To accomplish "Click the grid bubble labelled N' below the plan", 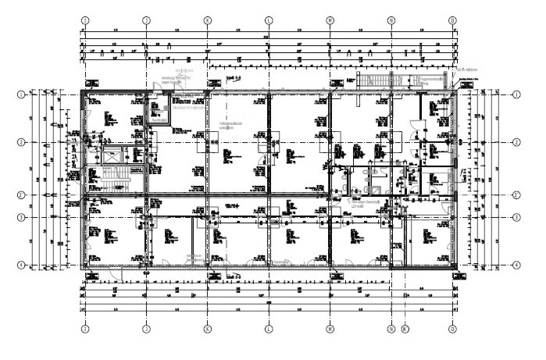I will [x=404, y=330].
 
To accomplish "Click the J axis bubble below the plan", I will [x=146, y=330].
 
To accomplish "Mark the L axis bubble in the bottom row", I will [x=269, y=330].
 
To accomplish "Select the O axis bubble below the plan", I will [x=452, y=330].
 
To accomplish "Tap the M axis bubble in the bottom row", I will [x=330, y=330].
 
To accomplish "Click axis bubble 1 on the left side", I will [x=21, y=94].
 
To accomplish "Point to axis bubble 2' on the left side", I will [x=21, y=194].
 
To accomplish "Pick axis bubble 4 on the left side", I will [x=21, y=266].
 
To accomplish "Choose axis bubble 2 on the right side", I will [x=516, y=143].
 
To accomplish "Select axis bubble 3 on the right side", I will [x=516, y=216].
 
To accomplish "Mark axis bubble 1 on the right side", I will [x=516, y=94].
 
